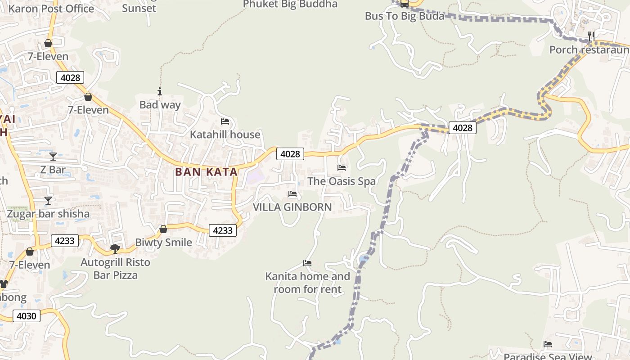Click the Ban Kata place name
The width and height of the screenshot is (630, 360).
(206, 172)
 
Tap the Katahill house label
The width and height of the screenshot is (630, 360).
(225, 135)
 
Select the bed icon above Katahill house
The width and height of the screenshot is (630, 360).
(225, 121)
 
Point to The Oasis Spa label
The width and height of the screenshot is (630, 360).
(342, 181)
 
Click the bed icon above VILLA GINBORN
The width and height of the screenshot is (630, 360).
(292, 194)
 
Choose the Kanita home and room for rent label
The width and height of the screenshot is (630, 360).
(307, 283)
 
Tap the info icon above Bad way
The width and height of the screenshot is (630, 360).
(159, 91)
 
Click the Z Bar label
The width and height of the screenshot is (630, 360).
(53, 170)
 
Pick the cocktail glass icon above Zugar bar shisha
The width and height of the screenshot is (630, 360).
(48, 200)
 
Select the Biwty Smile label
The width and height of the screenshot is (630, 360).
(163, 243)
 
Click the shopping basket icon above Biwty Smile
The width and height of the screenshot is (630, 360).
(163, 229)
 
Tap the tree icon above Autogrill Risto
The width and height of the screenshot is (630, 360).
(115, 248)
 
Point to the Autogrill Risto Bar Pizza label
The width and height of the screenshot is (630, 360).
(115, 268)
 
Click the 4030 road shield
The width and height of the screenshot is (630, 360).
(26, 316)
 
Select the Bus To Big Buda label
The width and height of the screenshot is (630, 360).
(405, 16)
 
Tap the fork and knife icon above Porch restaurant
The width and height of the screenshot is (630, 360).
(591, 36)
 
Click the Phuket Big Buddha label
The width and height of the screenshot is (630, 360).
(290, 4)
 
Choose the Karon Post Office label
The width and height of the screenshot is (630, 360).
(51, 9)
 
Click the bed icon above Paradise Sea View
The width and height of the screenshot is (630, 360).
(548, 344)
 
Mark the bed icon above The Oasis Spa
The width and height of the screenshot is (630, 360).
(342, 168)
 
